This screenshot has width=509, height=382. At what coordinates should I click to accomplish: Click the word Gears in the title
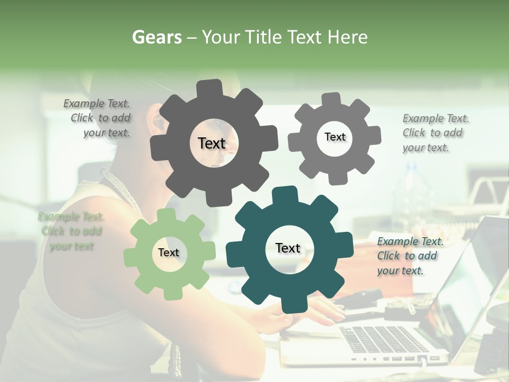156,37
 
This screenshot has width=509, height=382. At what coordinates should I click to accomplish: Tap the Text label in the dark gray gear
212,143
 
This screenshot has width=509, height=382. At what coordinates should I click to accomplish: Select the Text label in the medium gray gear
335,137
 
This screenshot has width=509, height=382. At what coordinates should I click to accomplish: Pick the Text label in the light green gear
169,253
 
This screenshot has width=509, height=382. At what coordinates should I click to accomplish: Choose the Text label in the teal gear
288,248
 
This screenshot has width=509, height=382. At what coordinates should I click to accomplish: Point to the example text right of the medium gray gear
434,133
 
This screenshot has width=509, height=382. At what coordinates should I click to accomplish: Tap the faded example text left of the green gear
71,231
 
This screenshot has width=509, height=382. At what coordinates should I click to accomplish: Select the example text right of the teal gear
409,256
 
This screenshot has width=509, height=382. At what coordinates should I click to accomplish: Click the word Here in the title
348,37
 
